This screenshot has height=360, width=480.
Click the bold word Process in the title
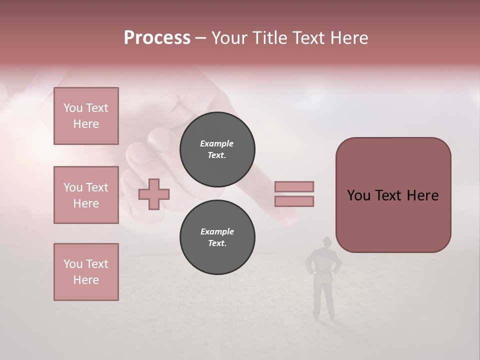pos(157,38)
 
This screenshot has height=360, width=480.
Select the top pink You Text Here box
pos(86,116)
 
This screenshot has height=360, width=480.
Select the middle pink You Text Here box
pos(86,195)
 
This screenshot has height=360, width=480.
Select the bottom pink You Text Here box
pos(86,272)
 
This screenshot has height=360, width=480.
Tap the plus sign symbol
pos(154,194)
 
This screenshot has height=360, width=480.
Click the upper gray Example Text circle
pos(217,149)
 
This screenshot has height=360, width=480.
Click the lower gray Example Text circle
pos(217,237)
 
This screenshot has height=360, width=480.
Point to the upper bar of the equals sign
pos(294,186)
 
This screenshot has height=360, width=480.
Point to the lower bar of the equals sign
pos(294,201)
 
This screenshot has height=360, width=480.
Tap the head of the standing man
pos(326,243)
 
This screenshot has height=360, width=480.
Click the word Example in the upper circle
pos(217,143)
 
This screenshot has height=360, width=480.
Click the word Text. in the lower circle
pos(217,243)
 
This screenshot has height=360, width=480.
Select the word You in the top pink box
pos(73,108)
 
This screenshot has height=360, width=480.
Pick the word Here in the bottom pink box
pos(86,280)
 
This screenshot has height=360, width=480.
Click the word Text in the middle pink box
pos(96,187)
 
